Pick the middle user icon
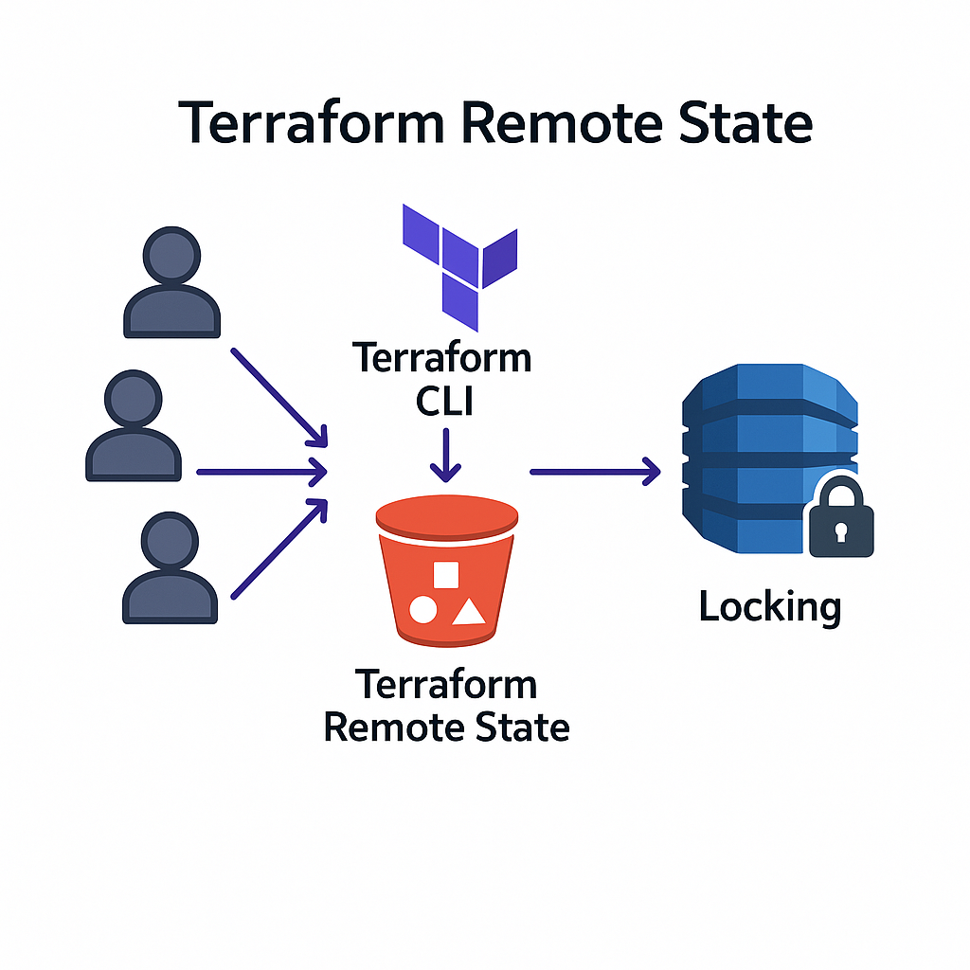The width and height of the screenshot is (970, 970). [134, 425]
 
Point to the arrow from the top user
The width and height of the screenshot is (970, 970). [279, 396]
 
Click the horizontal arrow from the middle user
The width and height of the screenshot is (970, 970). [260, 470]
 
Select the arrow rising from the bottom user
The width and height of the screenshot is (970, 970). [279, 549]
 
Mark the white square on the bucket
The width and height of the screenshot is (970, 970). [445, 575]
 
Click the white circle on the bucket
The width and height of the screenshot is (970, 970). [422, 611]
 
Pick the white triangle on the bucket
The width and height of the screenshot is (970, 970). [468, 611]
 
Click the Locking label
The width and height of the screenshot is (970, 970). [769, 606]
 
